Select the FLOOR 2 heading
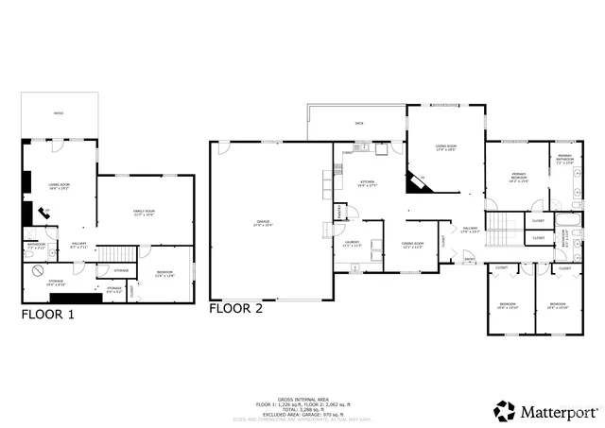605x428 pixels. tap(235, 308)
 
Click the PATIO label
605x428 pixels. tap(59, 114)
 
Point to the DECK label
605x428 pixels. tap(359, 124)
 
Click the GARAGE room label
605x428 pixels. tap(263, 223)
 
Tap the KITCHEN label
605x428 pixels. tap(367, 182)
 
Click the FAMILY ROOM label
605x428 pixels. tap(144, 211)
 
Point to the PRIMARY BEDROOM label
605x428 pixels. tap(519, 175)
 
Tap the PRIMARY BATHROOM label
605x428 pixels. tap(564, 157)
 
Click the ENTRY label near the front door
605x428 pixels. tap(470, 260)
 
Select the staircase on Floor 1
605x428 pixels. tap(113, 253)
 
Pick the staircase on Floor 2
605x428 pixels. tap(501, 226)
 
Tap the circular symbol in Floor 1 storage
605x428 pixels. tap(37, 271)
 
